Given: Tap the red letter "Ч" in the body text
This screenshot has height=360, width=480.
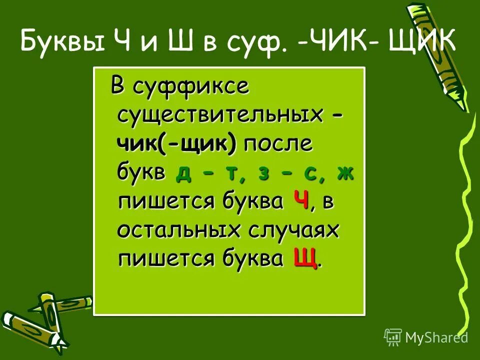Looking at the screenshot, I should coord(300,201).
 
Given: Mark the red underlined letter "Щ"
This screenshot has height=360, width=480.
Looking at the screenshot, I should coord(305,259).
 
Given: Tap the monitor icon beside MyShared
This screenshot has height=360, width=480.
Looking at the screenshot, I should coord(393,337).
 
